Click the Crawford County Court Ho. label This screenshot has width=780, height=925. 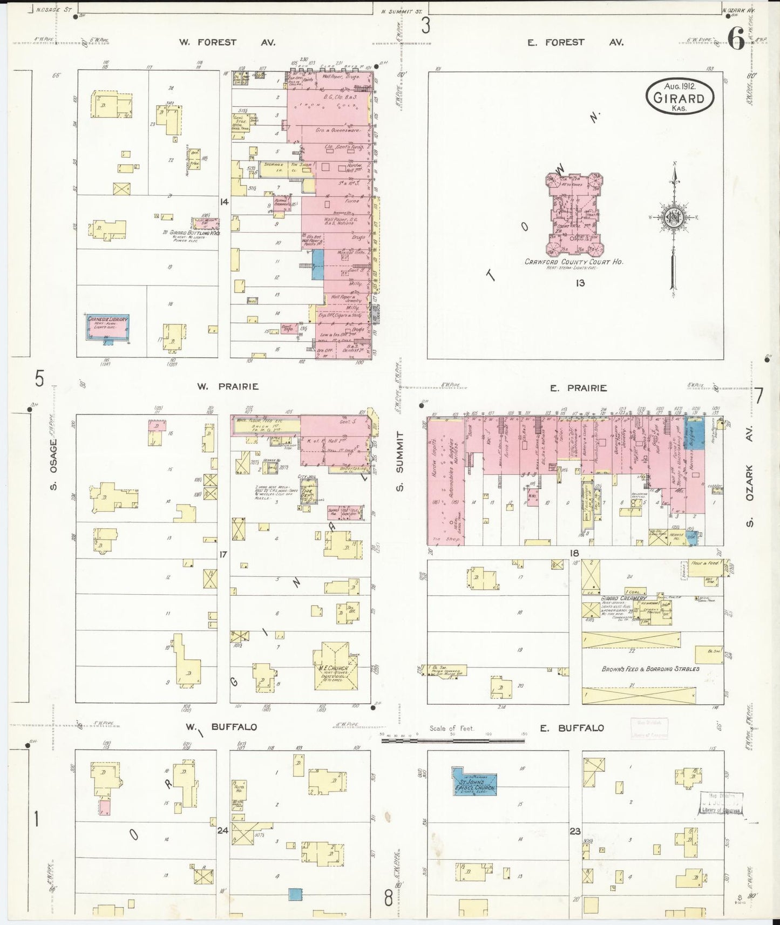click(x=574, y=262)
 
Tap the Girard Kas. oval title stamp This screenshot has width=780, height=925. click(x=679, y=97)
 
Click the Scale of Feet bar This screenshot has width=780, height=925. click(x=452, y=741)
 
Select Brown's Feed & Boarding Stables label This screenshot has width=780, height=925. click(x=650, y=669)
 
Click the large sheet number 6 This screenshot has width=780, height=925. click(x=736, y=39)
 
